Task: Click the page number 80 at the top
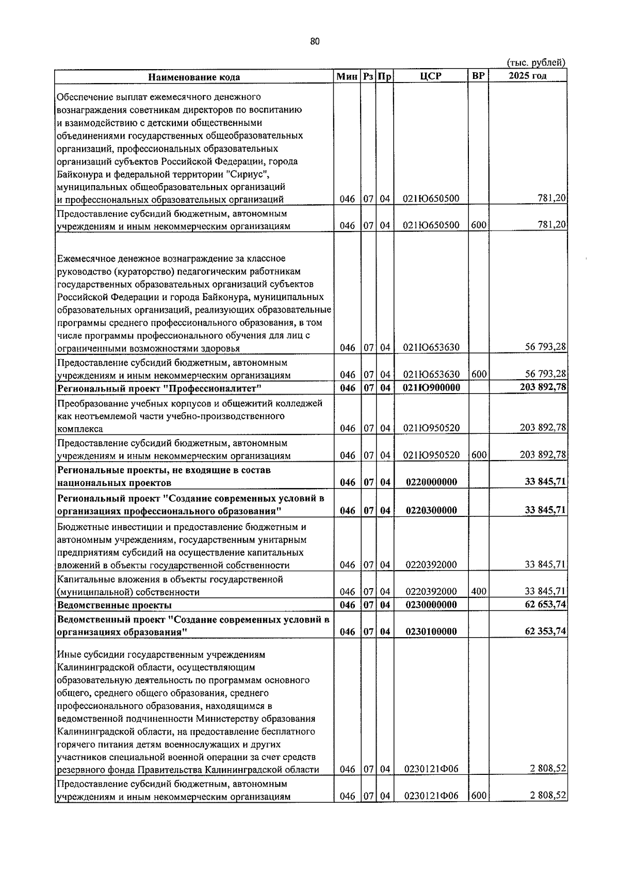316,42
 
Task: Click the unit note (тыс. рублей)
536,63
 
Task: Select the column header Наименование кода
194,77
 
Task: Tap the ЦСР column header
431,76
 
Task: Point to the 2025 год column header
527,76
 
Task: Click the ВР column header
478,76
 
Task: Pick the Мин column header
347,76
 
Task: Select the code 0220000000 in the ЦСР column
431,482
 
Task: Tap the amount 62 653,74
545,604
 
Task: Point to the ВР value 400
479,591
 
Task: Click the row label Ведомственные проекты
114,605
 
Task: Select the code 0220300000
431,510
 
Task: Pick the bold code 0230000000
431,605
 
